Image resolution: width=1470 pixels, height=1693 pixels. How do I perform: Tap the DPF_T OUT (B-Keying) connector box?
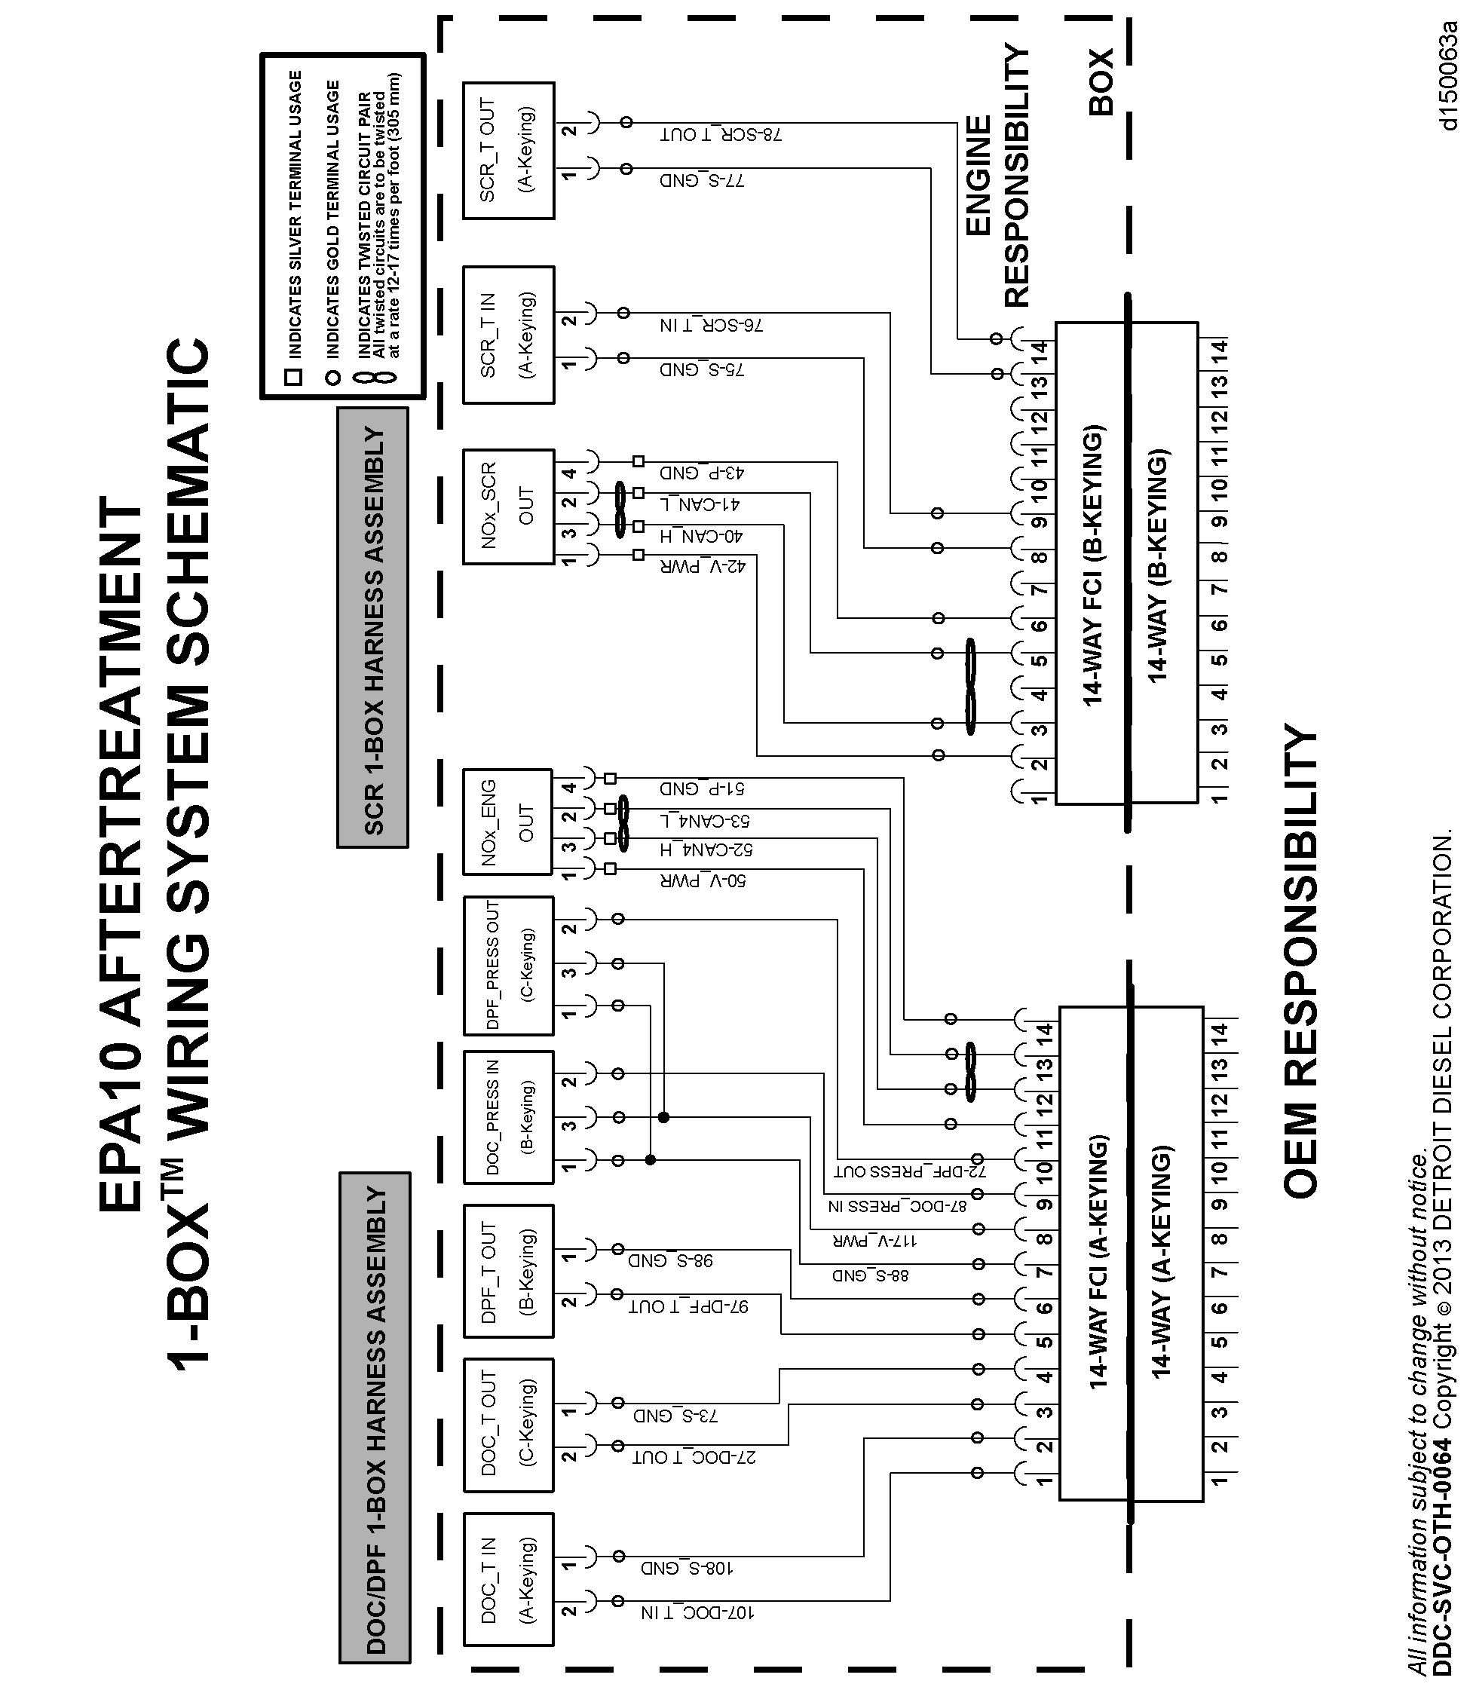click(x=508, y=1271)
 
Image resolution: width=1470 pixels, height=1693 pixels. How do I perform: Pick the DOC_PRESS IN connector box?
click(x=508, y=1116)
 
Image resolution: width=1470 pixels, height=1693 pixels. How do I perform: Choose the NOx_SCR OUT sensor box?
click(x=508, y=506)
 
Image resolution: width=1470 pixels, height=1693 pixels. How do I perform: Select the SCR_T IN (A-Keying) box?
click(x=508, y=335)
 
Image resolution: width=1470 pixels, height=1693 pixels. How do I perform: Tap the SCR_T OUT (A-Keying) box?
click(x=508, y=150)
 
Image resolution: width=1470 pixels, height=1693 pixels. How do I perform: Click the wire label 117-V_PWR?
click(x=874, y=1240)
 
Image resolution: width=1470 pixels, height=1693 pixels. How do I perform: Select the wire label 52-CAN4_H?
click(x=706, y=850)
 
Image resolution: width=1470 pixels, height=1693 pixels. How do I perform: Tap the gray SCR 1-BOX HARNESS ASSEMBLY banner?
click(x=373, y=627)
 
